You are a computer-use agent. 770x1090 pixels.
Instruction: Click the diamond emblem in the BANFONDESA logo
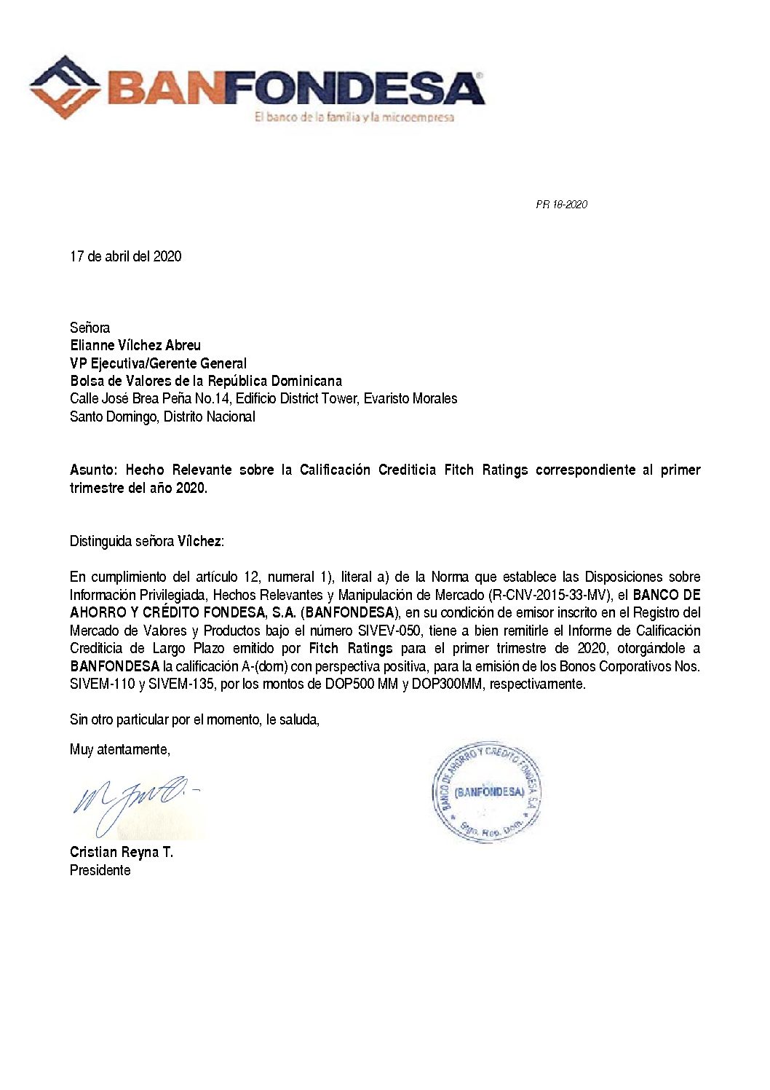click(65, 87)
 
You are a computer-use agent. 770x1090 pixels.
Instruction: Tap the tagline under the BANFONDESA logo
click(354, 117)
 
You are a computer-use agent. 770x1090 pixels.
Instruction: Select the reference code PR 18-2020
click(561, 205)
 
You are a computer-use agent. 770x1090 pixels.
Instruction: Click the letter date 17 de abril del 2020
click(125, 256)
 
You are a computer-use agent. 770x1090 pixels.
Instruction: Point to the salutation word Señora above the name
click(90, 328)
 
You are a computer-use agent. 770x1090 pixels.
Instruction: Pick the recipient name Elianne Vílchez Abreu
click(135, 345)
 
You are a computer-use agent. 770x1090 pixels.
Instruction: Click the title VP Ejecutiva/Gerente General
click(158, 363)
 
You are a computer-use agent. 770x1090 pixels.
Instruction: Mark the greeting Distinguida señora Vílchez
click(146, 541)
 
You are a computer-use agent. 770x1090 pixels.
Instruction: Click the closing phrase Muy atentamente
click(119, 749)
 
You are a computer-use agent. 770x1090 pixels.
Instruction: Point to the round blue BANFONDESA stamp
click(486, 792)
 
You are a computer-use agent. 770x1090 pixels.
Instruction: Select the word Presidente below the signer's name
click(100, 870)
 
